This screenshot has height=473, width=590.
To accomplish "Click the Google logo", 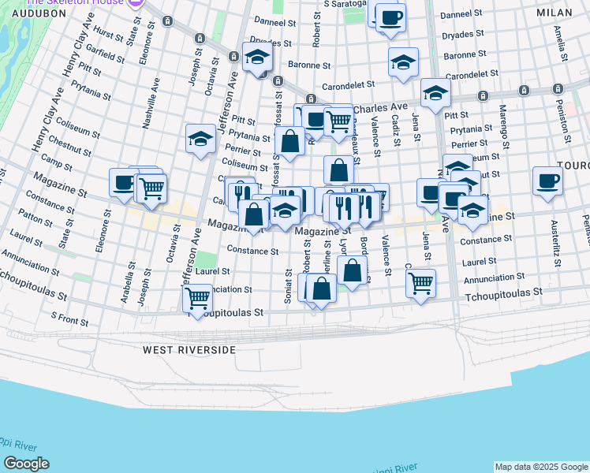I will tap(26, 464).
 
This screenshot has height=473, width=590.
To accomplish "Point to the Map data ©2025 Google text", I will tap(540, 467).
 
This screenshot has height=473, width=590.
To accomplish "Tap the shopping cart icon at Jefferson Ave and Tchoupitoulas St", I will tap(197, 297).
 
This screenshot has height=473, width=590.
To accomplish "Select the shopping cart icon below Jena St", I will tap(421, 281).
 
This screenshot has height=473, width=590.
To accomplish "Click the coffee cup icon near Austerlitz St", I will tap(547, 180).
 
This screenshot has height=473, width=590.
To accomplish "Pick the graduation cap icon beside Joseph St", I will tap(200, 138).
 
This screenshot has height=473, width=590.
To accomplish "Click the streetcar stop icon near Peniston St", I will tap(558, 89).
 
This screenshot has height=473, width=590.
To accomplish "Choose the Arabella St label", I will tap(125, 289).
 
